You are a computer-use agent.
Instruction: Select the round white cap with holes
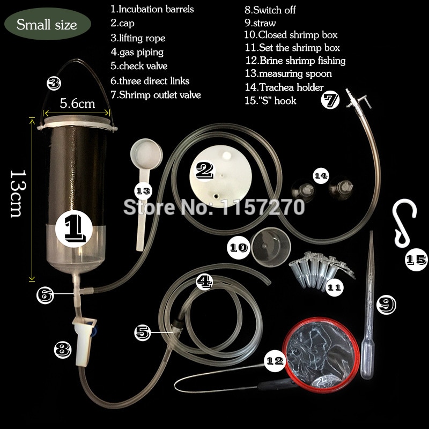(221, 176)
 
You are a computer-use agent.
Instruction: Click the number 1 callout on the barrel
(74, 229)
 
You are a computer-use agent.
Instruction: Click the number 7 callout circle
(330, 100)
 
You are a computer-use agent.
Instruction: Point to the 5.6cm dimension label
(77, 103)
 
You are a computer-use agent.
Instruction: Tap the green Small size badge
(47, 24)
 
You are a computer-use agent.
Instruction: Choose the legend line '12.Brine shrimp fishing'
(295, 61)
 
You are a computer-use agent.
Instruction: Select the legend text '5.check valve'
(139, 66)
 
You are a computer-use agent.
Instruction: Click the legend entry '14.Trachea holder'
(284, 87)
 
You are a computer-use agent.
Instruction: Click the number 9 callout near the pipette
(386, 305)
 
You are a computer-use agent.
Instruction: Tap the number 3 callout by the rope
(54, 83)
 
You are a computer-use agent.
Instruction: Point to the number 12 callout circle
(275, 361)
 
